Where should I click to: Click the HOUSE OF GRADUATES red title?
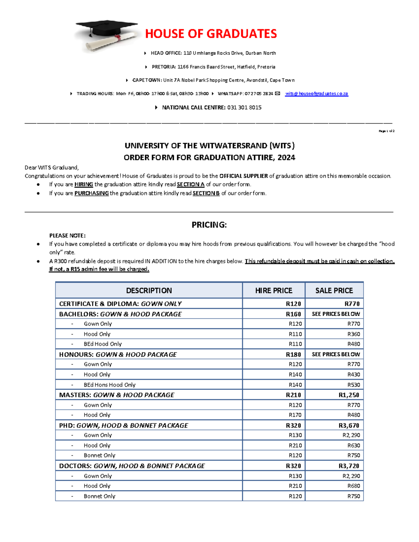click(x=211, y=34)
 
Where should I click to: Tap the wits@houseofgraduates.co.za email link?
click(x=316, y=94)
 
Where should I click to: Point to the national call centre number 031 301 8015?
click(x=244, y=107)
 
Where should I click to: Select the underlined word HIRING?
click(x=83, y=184)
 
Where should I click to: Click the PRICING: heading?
click(x=209, y=225)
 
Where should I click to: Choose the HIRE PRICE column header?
click(x=273, y=290)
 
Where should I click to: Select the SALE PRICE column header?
click(x=334, y=290)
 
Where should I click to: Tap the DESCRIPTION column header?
click(x=149, y=290)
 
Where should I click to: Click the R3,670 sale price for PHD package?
click(x=349, y=425)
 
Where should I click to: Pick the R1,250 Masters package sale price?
click(x=349, y=395)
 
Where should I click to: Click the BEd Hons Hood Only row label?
click(x=109, y=385)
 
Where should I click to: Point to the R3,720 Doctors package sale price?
click(x=349, y=466)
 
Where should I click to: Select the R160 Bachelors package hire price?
click(x=293, y=314)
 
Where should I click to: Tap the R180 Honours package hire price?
click(x=293, y=354)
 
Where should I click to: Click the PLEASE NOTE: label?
click(x=67, y=236)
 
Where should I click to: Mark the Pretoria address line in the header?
click(x=213, y=67)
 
